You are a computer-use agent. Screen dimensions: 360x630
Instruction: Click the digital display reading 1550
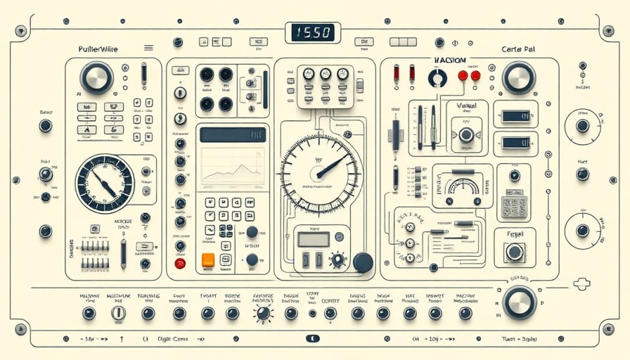(x=312, y=32)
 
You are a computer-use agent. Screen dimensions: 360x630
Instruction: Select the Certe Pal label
(x=519, y=49)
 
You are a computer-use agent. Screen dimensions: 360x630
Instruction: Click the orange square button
(x=208, y=259)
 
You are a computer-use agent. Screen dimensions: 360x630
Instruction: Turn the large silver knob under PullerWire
(x=96, y=77)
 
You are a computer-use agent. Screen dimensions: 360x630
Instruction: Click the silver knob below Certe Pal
(x=519, y=77)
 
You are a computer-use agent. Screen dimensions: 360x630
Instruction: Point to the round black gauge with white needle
(x=104, y=184)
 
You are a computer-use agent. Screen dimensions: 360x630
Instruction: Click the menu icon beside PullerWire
(x=148, y=48)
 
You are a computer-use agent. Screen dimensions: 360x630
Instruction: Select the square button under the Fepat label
(x=515, y=252)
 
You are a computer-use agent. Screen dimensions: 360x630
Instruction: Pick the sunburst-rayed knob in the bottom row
(x=264, y=314)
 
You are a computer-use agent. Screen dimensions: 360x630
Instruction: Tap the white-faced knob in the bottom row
(x=119, y=313)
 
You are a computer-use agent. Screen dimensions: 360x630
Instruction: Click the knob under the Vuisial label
(x=466, y=135)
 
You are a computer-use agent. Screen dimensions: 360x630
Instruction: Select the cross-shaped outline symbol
(x=581, y=283)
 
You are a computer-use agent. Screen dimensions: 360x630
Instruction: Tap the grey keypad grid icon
(x=515, y=205)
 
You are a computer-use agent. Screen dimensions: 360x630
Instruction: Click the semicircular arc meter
(x=463, y=187)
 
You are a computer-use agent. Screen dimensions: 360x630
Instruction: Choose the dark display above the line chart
(x=231, y=134)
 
